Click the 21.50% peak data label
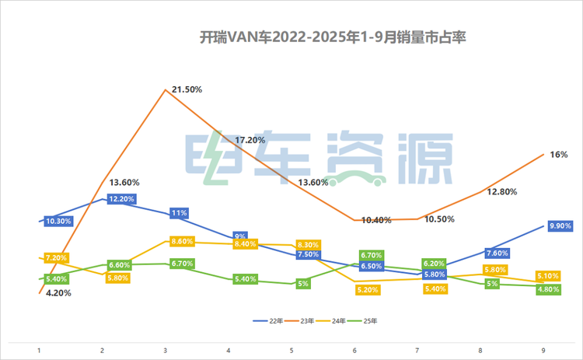187,89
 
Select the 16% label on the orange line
558,155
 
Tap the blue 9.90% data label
560,226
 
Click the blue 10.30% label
59,221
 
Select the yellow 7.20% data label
57,257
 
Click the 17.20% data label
250,140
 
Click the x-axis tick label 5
291,351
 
